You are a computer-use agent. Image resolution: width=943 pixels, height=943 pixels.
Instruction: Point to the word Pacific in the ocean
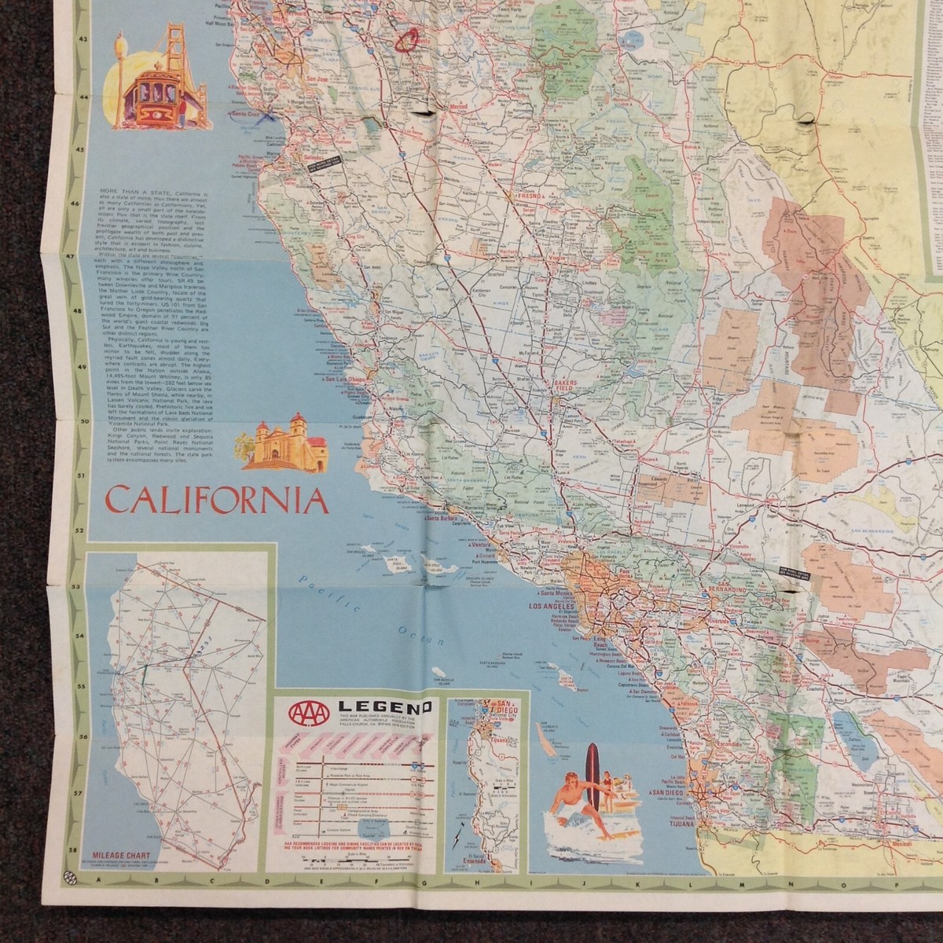pyautogui.click(x=324, y=587)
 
